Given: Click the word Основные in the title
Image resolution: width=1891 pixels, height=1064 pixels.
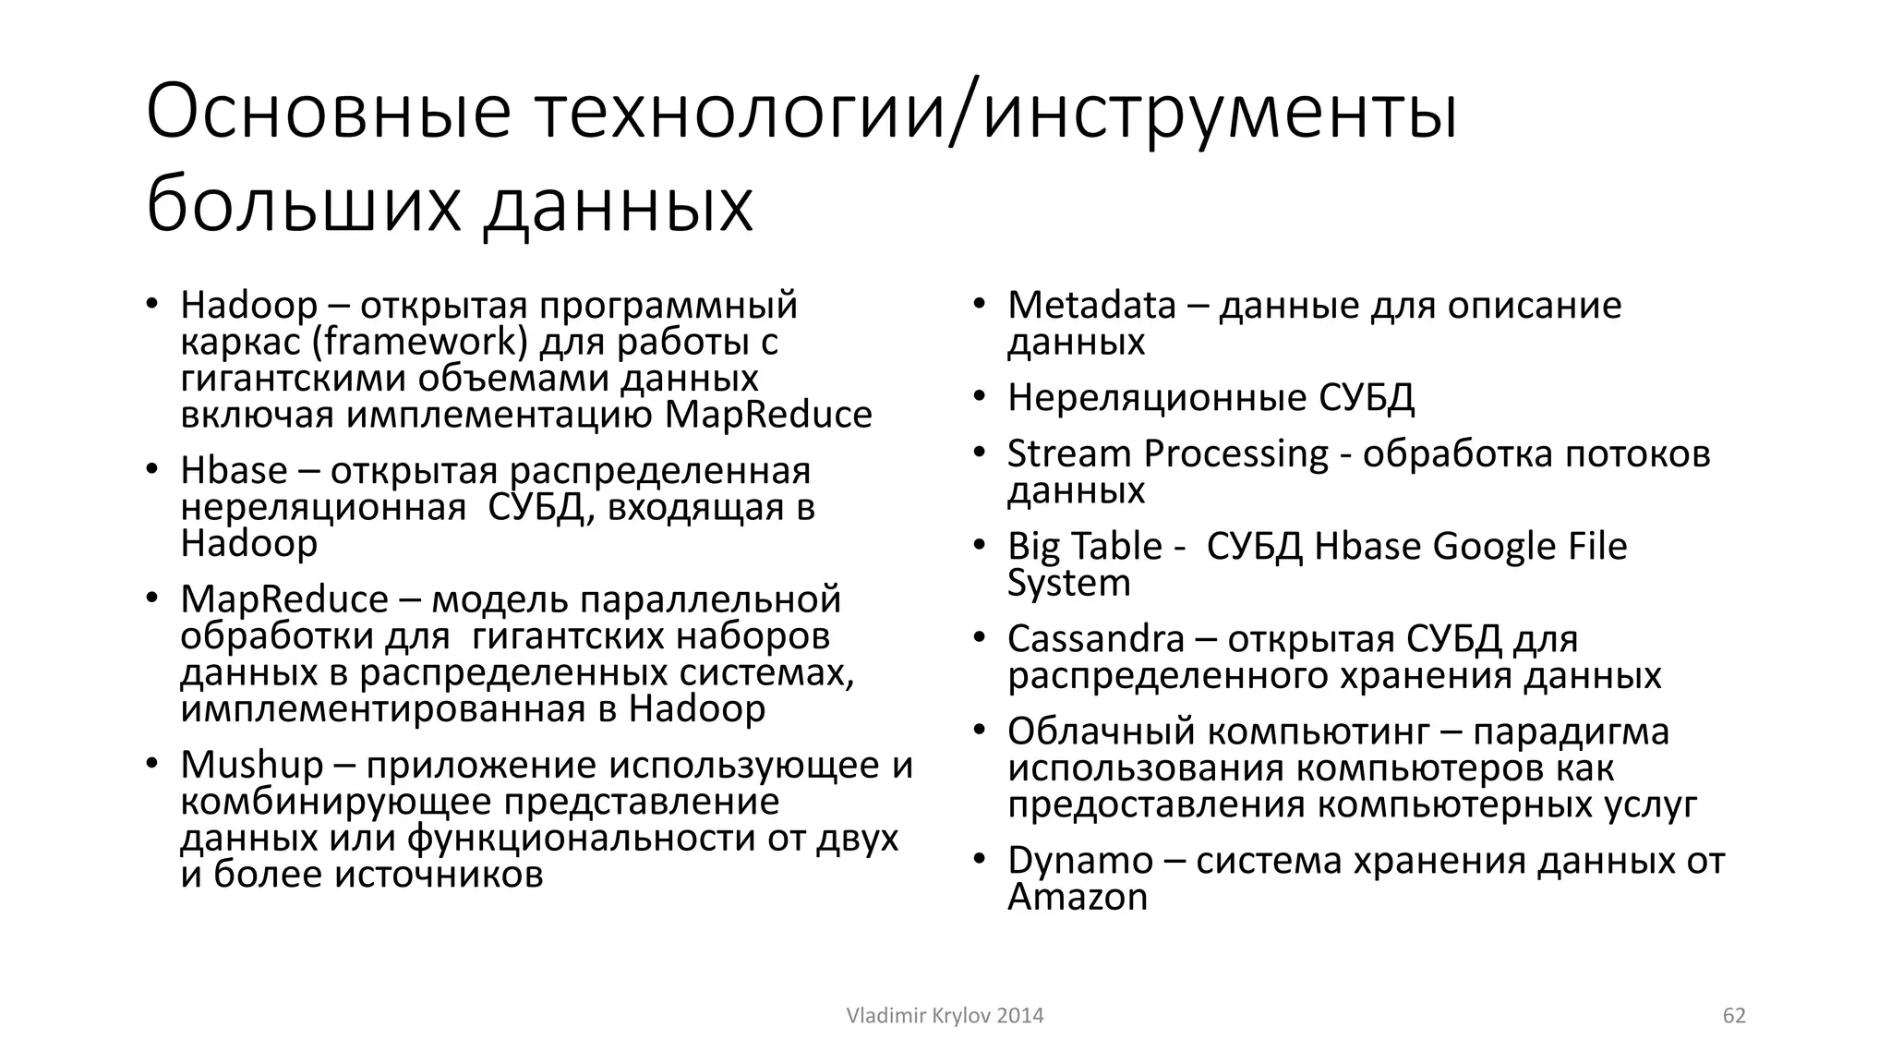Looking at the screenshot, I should pyautogui.click(x=328, y=114).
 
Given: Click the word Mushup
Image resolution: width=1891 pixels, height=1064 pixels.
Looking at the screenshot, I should pyautogui.click(x=252, y=766).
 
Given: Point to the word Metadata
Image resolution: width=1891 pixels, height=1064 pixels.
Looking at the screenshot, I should pyautogui.click(x=1091, y=306).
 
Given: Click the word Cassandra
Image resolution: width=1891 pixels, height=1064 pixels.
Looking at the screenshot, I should pyautogui.click(x=1095, y=639).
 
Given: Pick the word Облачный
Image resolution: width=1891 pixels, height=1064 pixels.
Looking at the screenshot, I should pyautogui.click(x=1101, y=732).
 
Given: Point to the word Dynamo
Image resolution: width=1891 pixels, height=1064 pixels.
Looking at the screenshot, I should pyautogui.click(x=1080, y=862).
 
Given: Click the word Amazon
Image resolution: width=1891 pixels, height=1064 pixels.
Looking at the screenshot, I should pyautogui.click(x=1077, y=898).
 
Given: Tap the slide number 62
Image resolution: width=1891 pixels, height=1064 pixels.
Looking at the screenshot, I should pyautogui.click(x=1734, y=1016).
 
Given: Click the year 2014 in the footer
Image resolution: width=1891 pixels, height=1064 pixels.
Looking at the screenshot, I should pyautogui.click(x=1020, y=1016).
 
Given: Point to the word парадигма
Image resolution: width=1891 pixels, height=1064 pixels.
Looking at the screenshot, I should pyautogui.click(x=1571, y=732).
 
